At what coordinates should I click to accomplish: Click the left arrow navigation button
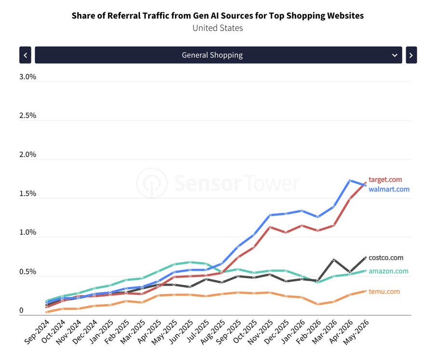point(25,55)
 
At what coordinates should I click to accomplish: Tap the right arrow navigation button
point(411,55)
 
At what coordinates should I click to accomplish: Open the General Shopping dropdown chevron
point(394,55)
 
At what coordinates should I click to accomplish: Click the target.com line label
point(385,180)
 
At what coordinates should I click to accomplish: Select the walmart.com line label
point(389,189)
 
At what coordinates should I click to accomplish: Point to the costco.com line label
point(386,258)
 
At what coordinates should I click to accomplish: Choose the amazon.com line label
point(388,271)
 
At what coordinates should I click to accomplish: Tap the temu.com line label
point(384,292)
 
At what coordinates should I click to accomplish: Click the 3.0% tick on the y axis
point(27,77)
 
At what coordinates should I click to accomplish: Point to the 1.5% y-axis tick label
point(27,193)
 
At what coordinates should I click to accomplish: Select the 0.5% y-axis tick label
point(27,271)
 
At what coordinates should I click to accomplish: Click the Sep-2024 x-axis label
point(37,332)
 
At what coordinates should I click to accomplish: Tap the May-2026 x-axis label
point(356,332)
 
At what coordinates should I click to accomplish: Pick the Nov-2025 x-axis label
point(260,332)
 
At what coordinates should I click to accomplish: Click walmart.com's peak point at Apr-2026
point(350,181)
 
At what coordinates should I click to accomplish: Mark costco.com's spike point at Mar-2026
point(334,260)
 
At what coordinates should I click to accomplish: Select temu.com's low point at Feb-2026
point(318,304)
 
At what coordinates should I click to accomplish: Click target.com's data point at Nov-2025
point(270,227)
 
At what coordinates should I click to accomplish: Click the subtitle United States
point(217,28)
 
